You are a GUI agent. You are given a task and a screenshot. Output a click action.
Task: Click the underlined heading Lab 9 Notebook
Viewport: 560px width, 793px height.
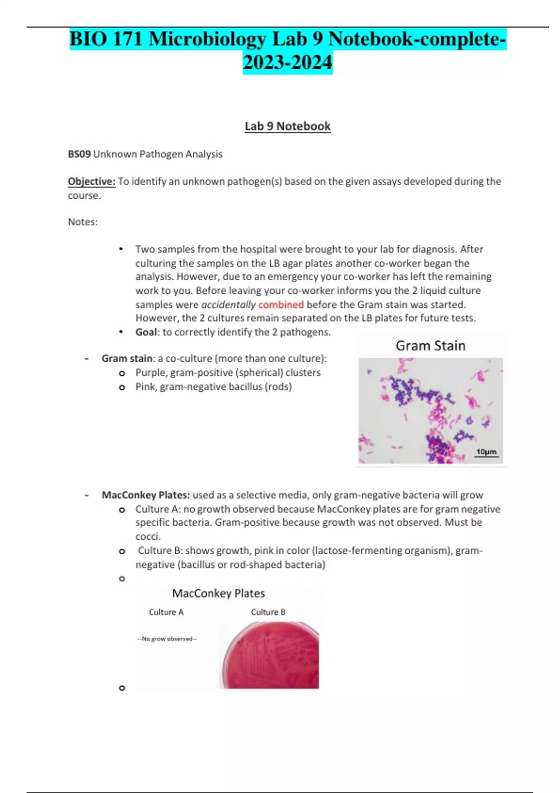pos(287,126)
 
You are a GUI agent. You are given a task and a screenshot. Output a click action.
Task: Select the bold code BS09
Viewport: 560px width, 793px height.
pos(79,154)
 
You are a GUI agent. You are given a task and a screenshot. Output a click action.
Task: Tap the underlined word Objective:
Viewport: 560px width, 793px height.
pos(91,181)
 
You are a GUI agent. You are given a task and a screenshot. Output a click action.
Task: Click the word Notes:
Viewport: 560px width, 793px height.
pos(83,222)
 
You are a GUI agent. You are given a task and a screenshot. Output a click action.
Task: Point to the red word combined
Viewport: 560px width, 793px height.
pos(281,305)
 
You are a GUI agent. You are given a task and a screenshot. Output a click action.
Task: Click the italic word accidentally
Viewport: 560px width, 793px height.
pos(228,305)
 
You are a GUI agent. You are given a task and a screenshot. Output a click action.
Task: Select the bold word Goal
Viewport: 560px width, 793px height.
pos(146,332)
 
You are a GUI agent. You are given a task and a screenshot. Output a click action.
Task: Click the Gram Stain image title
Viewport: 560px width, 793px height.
pos(430,346)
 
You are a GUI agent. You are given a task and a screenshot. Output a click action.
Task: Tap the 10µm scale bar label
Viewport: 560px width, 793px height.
pos(486,452)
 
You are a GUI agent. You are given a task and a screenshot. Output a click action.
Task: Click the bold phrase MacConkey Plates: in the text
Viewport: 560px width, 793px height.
pos(146,495)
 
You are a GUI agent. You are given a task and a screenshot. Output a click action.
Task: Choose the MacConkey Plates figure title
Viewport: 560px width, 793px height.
pos(218,593)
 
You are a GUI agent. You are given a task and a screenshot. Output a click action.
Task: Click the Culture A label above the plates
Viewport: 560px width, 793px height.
pos(166,612)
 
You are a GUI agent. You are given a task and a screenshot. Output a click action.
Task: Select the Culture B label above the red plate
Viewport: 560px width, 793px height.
pos(268,612)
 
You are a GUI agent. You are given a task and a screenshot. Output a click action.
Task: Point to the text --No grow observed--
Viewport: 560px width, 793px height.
pos(167,639)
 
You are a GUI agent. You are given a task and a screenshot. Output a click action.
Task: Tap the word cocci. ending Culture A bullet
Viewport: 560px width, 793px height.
pos(148,536)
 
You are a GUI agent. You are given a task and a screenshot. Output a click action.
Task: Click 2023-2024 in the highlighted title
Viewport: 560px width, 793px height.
pos(287,62)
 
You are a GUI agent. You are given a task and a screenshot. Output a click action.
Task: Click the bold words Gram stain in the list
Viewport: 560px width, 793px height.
pos(127,359)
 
